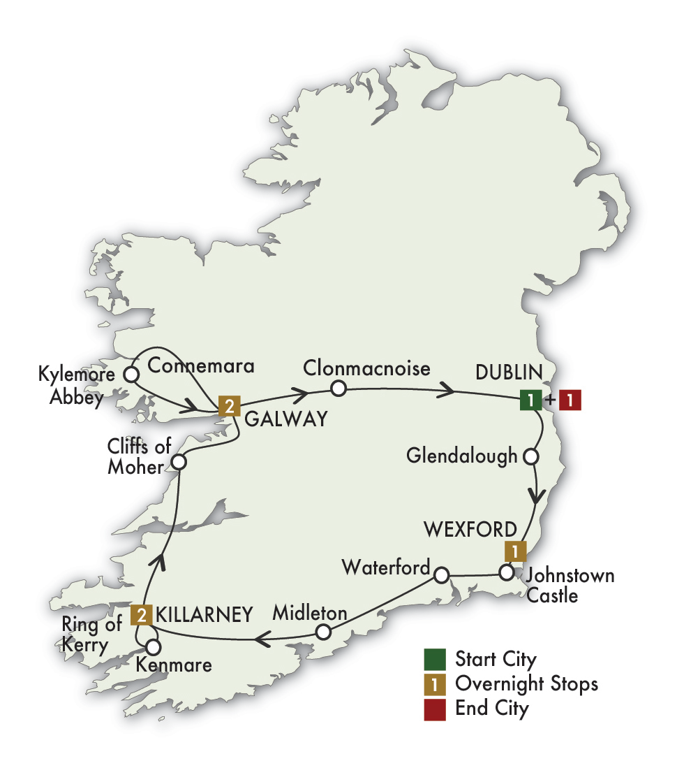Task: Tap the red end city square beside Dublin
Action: [x=570, y=401]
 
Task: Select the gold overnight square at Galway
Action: [x=228, y=405]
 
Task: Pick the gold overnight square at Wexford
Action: [x=514, y=551]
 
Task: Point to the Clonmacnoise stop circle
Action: [x=338, y=388]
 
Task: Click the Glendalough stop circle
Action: [x=530, y=457]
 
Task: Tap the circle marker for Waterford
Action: [x=441, y=576]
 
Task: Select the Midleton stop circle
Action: [x=322, y=632]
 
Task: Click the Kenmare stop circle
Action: [x=152, y=646]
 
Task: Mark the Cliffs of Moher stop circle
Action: [x=179, y=462]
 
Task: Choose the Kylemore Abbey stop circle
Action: [x=131, y=375]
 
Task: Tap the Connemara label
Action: [x=201, y=365]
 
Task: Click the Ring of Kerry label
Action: [x=84, y=635]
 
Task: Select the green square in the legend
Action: [x=433, y=658]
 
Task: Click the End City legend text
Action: [x=491, y=707]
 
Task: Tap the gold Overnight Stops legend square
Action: [x=433, y=683]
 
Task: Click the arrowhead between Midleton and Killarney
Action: [x=263, y=637]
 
